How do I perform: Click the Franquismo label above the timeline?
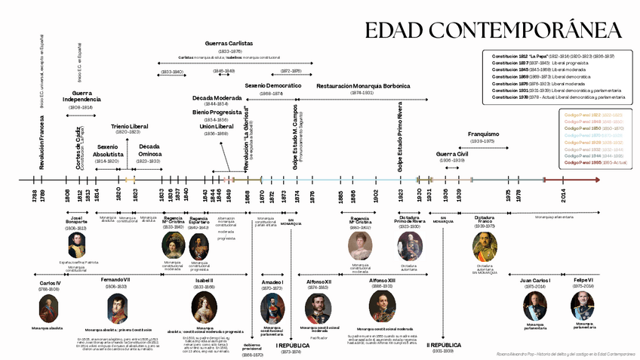(482, 134)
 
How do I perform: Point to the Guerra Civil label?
(453, 154)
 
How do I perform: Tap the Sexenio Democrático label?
(272, 86)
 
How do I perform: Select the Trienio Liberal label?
(129, 126)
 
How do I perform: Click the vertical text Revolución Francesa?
(42, 143)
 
